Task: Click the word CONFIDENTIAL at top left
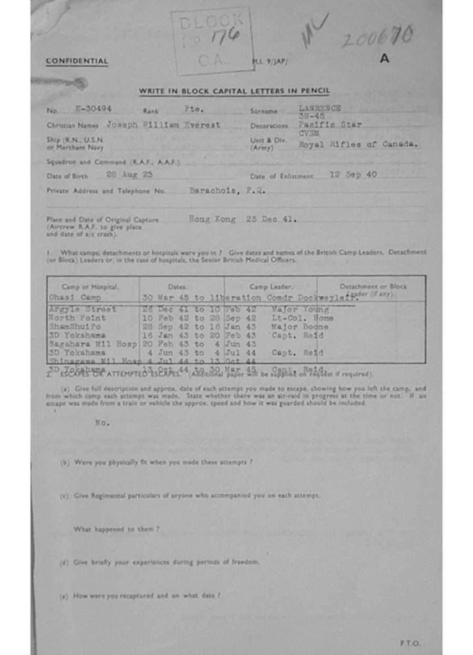tap(77, 61)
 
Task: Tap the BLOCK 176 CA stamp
tap(211, 40)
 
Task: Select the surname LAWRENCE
tap(319, 108)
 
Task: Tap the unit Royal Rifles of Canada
tap(358, 145)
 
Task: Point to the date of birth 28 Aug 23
tap(128, 175)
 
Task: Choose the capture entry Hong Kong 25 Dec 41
tap(243, 219)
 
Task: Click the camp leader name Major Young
tap(300, 310)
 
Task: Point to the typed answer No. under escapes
tap(102, 423)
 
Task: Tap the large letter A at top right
tap(384, 58)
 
